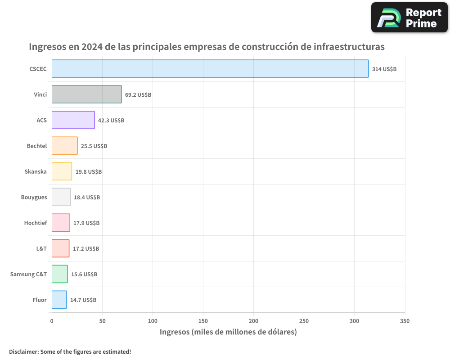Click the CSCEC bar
[x=210, y=69]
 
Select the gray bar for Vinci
[x=86, y=94]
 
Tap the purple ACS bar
[x=73, y=120]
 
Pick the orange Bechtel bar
[x=64, y=146]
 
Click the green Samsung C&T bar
[x=59, y=274]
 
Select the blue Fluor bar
[x=59, y=300]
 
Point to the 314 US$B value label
[x=384, y=69]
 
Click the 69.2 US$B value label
[x=138, y=94]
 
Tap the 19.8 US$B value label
[x=89, y=171]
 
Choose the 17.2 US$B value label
[x=86, y=248]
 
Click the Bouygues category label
[x=34, y=197]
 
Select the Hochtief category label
[x=35, y=223]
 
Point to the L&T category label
[x=41, y=248]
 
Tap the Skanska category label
[x=36, y=171]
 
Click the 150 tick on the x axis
[x=203, y=321]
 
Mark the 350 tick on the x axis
[x=405, y=321]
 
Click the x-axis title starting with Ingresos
[x=228, y=332]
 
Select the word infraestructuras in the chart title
[x=349, y=46]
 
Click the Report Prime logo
[x=409, y=18]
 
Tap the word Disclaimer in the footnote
[x=23, y=351]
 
